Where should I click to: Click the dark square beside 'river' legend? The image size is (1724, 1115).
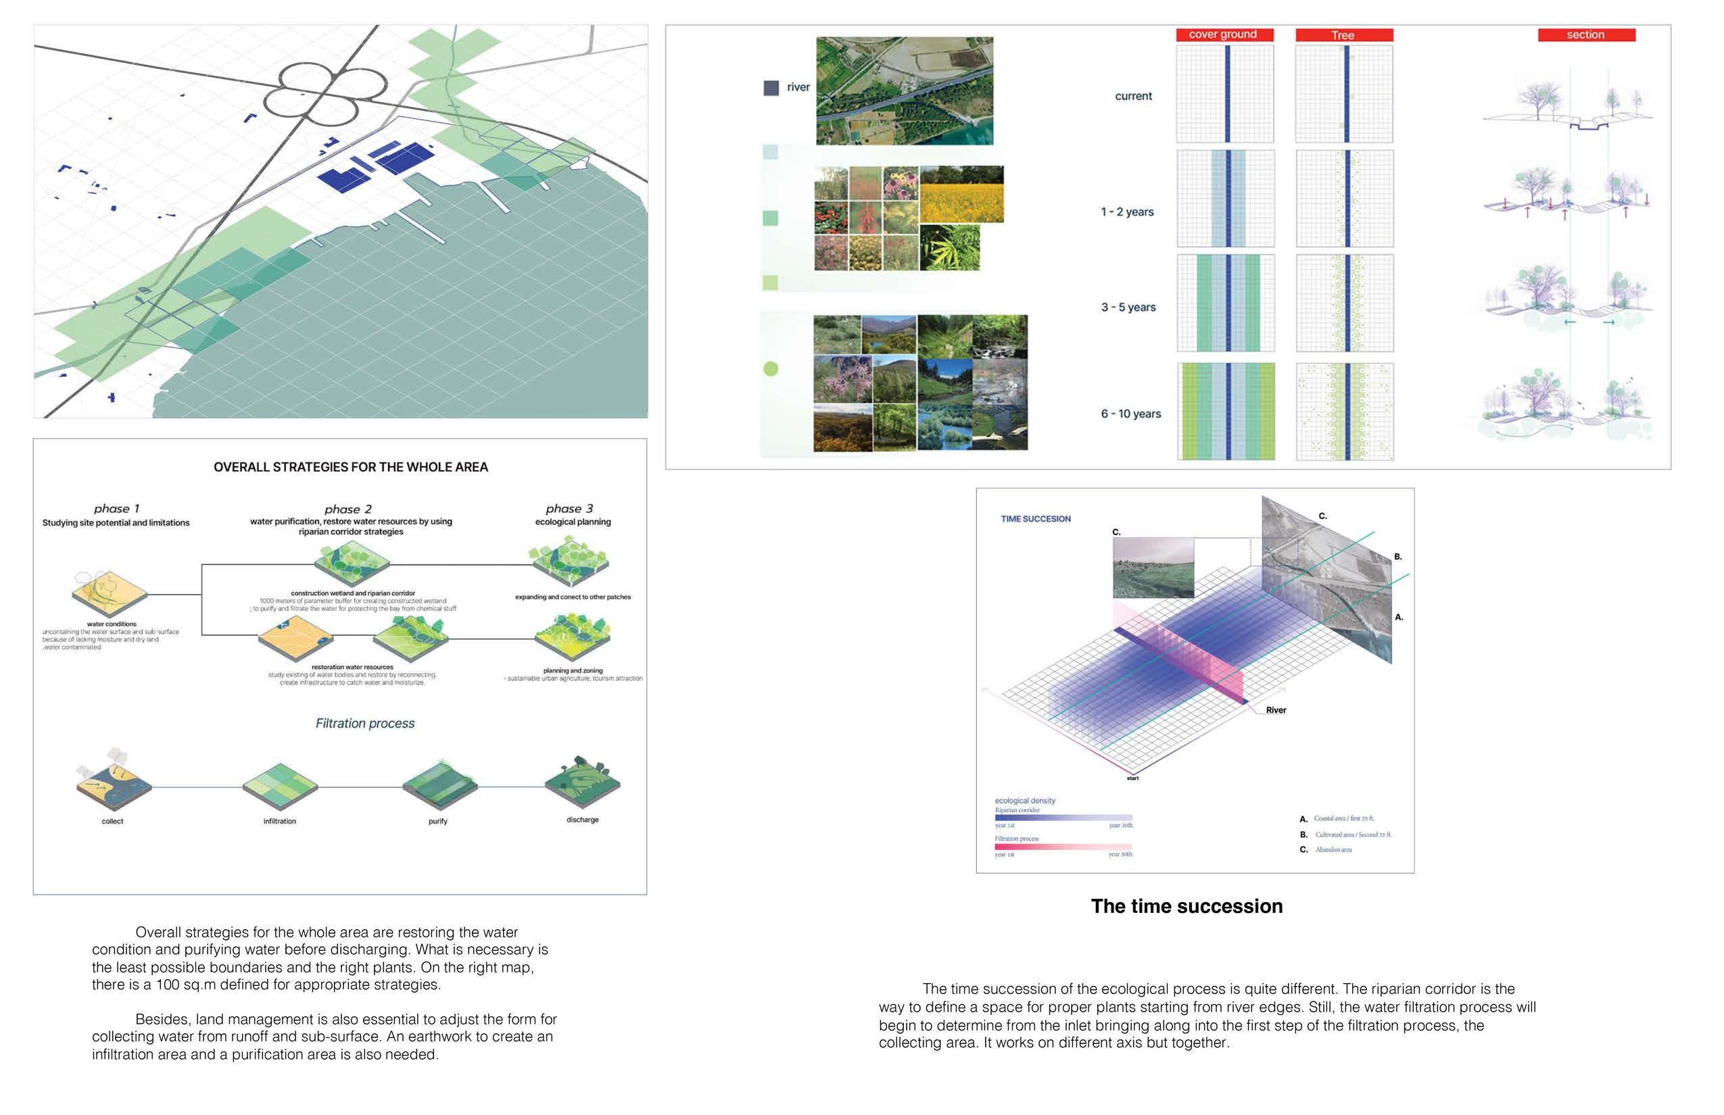click(x=771, y=88)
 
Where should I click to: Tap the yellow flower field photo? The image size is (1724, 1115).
click(x=961, y=193)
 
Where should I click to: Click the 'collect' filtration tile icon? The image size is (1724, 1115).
click(x=114, y=783)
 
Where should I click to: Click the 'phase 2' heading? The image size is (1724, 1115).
click(x=348, y=509)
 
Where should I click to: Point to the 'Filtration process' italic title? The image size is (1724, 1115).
click(x=365, y=723)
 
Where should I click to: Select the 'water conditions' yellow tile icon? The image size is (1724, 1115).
click(x=110, y=593)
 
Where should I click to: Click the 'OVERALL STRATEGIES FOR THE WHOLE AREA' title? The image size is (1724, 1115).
click(x=351, y=467)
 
